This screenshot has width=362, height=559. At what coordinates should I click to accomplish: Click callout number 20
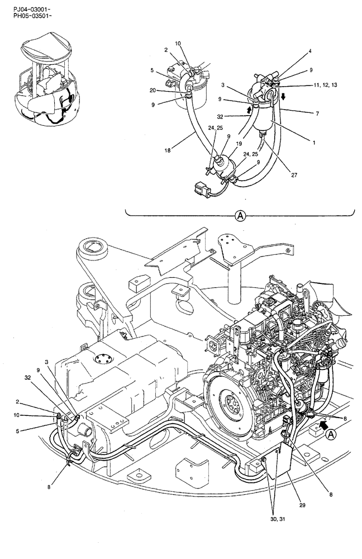153,90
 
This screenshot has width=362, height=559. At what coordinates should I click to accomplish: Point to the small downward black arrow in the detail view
283,96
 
